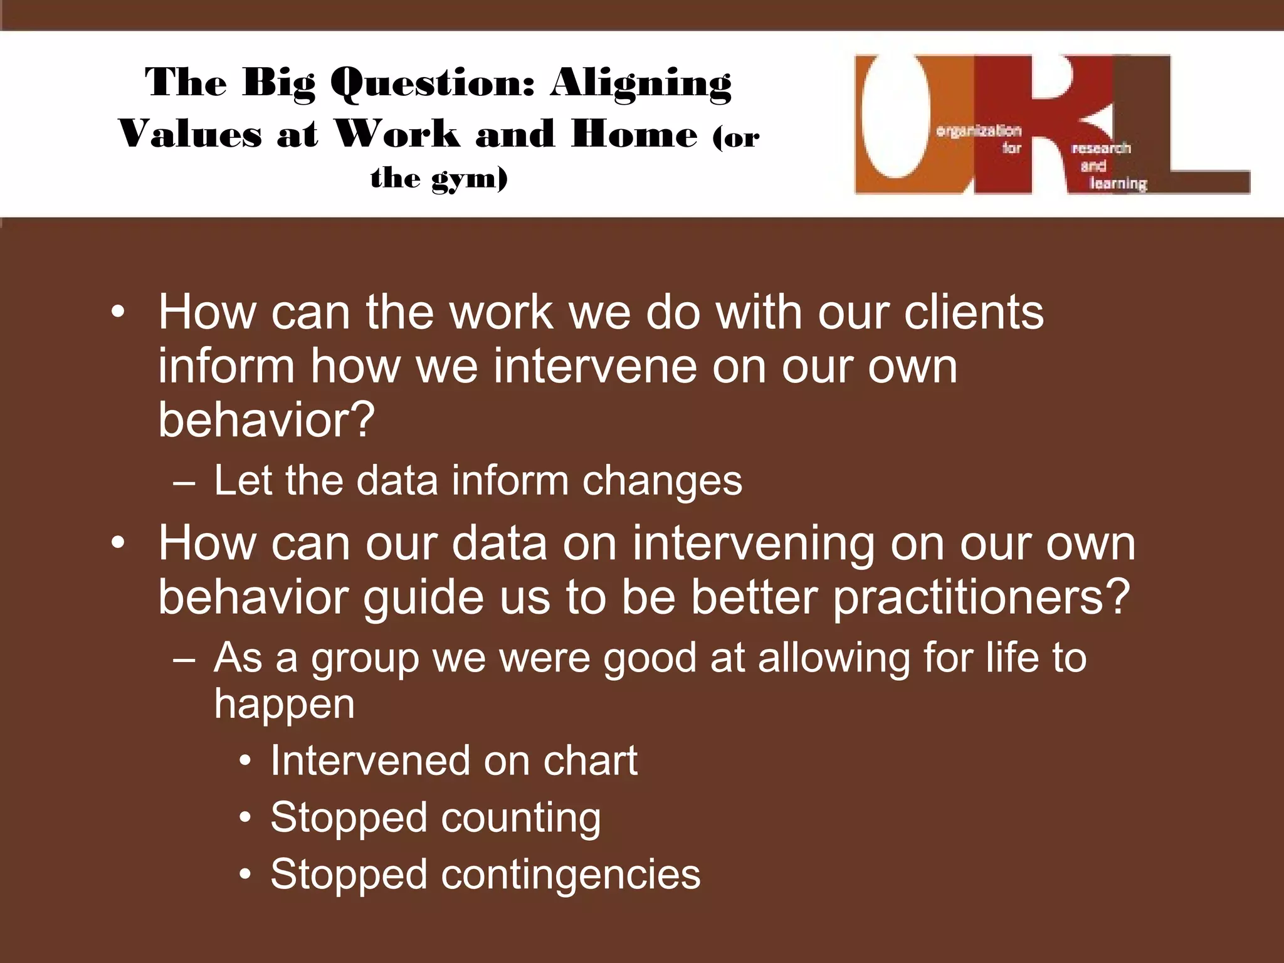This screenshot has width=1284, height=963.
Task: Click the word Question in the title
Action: tap(433, 83)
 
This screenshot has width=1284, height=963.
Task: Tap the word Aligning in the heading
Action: tap(641, 83)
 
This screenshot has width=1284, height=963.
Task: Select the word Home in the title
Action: tap(634, 134)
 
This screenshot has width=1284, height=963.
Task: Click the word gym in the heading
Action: tap(469, 179)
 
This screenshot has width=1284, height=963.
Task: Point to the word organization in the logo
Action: tap(978, 131)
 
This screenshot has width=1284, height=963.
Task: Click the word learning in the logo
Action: tap(1118, 184)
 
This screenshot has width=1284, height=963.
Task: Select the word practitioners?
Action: tap(981, 597)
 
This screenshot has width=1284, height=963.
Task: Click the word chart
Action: tap(590, 760)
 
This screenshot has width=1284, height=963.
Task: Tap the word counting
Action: tap(520, 819)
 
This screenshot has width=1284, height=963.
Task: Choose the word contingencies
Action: tap(571, 875)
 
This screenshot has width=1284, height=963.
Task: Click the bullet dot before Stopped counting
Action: tap(246, 818)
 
